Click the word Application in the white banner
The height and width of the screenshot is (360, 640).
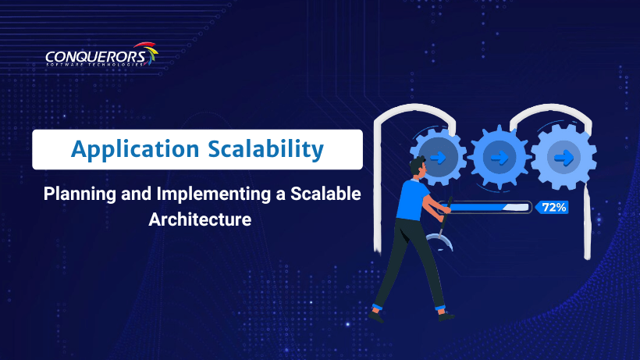[135, 150]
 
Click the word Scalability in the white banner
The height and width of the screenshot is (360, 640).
[265, 149]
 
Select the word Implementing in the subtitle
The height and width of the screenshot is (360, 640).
[214, 194]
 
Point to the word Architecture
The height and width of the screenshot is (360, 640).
[200, 219]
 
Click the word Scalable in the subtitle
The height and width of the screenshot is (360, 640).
[325, 194]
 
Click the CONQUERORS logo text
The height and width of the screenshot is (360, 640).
[96, 57]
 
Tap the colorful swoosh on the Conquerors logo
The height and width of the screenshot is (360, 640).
[148, 52]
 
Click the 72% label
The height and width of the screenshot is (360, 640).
[554, 208]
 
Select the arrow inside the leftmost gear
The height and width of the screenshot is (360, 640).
[438, 157]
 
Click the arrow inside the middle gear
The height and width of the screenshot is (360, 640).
[500, 158]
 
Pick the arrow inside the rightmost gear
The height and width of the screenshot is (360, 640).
[564, 158]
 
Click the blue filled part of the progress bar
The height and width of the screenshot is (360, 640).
[478, 208]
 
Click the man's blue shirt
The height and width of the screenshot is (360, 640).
[412, 200]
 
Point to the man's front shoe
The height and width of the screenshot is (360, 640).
[446, 316]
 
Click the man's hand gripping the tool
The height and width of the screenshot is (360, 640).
[446, 210]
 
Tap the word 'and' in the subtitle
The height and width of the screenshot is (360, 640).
[137, 194]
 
